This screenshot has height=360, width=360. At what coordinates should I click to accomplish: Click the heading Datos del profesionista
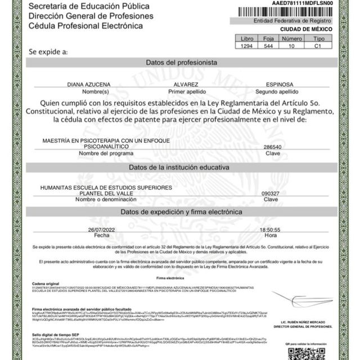coord(181,62)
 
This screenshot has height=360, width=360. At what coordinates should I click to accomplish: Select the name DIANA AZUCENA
coord(89,84)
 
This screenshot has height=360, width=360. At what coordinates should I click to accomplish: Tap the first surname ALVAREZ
coord(181,84)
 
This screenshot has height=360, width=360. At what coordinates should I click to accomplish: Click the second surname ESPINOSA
coord(272,84)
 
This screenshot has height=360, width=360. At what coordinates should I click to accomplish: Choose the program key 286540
coord(273,147)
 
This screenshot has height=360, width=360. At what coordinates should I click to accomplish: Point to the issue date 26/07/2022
coord(101,230)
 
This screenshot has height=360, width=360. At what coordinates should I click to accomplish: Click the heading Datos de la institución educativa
coord(180,168)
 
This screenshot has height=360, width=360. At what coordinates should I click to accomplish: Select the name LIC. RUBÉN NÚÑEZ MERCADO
coord(303,321)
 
